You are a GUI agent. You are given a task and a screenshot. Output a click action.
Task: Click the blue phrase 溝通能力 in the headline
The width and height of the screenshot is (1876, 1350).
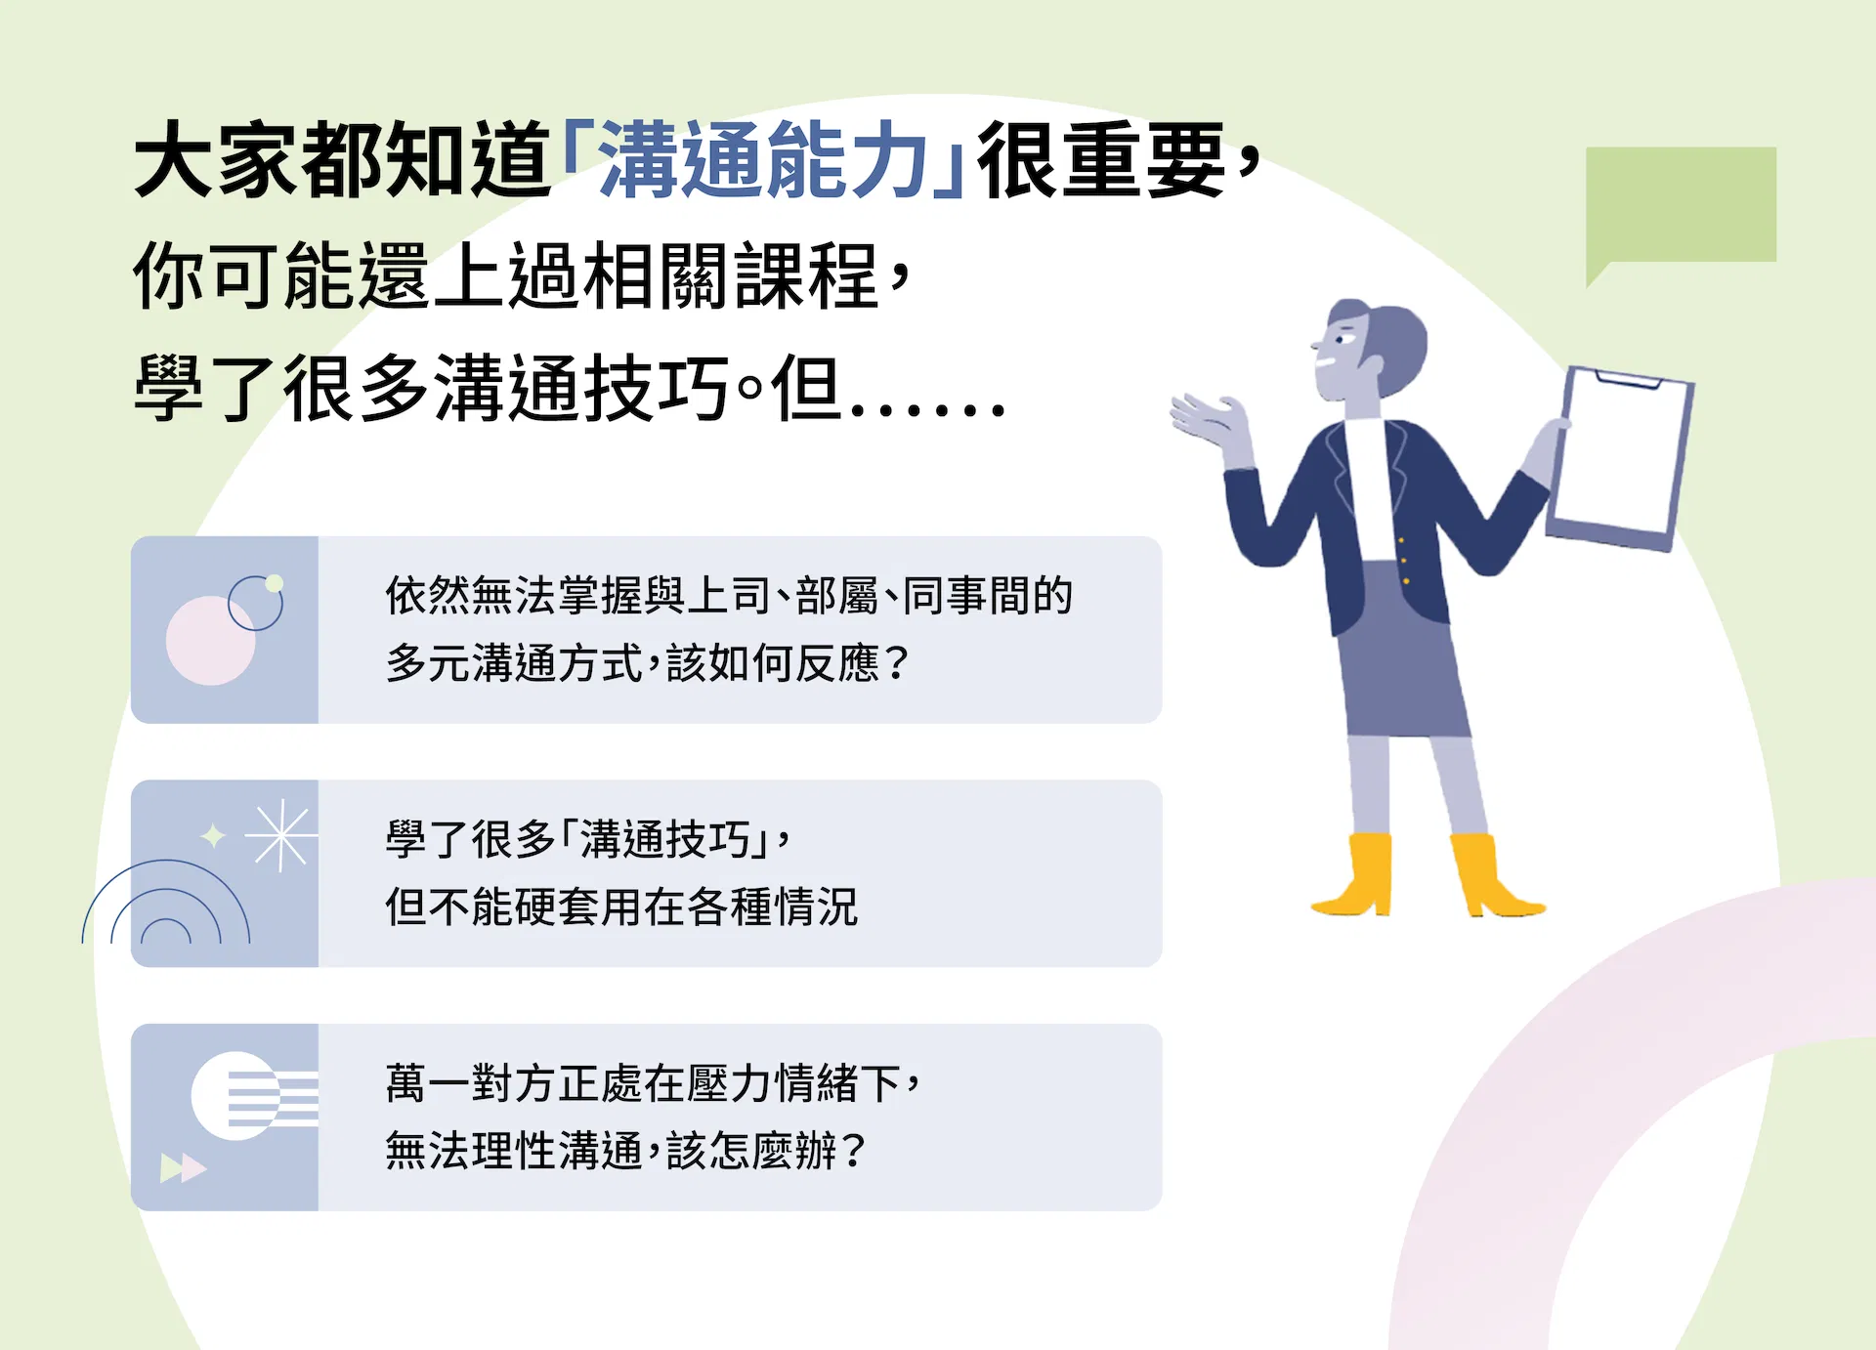[x=763, y=160]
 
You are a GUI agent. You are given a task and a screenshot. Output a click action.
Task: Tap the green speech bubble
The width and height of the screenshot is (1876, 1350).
[x=1681, y=208]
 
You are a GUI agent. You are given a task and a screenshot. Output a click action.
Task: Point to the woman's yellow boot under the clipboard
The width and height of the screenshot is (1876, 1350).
[x=1492, y=875]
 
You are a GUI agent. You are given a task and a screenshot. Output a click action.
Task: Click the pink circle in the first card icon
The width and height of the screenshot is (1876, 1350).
[x=210, y=641]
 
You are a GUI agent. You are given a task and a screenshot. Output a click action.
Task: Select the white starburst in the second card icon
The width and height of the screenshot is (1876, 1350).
[x=280, y=835]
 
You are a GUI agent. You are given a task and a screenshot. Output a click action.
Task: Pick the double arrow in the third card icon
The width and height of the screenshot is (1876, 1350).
[x=183, y=1167]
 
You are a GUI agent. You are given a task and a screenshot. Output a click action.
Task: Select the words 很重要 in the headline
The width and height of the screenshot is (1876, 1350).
[x=1101, y=160]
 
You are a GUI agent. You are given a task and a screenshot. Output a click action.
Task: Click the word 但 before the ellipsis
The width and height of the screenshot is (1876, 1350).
[x=806, y=389]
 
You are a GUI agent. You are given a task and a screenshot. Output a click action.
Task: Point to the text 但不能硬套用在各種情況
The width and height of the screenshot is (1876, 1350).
[x=621, y=907]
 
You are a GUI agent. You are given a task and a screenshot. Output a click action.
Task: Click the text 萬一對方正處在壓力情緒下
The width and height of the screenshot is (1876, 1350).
[x=643, y=1083]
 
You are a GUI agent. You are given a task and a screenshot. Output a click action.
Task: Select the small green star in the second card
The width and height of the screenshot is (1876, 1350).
[x=213, y=836]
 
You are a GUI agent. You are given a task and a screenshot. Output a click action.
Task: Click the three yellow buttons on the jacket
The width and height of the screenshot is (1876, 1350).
[x=1404, y=561]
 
